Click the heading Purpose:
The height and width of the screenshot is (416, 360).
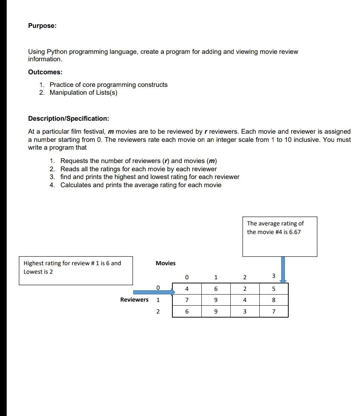(42, 26)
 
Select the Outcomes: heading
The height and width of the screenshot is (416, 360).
(45, 72)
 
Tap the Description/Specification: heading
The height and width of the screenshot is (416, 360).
(69, 118)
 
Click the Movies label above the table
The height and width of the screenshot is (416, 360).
(166, 263)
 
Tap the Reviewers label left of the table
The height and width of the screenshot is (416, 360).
(134, 300)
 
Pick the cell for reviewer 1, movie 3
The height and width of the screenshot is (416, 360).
(273, 300)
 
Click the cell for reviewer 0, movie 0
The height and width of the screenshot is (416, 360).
(187, 289)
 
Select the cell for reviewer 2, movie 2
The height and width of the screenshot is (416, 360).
(244, 312)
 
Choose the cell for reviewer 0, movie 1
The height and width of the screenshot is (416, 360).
(216, 289)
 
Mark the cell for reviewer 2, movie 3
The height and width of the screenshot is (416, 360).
(273, 312)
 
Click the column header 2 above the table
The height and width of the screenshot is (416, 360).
(244, 277)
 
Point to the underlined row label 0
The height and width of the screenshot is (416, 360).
(158, 287)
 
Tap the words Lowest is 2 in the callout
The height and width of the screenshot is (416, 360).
(38, 272)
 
